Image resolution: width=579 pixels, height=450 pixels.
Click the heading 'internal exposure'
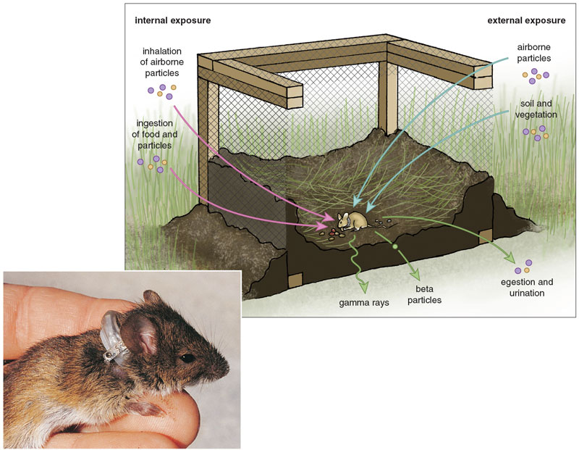click(172, 20)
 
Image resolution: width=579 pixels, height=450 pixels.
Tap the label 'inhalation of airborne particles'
click(167, 62)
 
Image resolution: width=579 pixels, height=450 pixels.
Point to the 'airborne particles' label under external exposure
click(533, 53)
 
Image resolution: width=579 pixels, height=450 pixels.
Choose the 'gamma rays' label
click(366, 301)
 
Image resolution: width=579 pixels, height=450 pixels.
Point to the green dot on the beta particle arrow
click(395, 248)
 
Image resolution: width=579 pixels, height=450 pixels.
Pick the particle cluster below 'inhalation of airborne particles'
click(163, 91)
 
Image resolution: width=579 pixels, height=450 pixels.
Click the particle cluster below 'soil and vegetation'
click(538, 132)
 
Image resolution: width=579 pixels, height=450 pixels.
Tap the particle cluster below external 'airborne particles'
click(536, 75)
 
